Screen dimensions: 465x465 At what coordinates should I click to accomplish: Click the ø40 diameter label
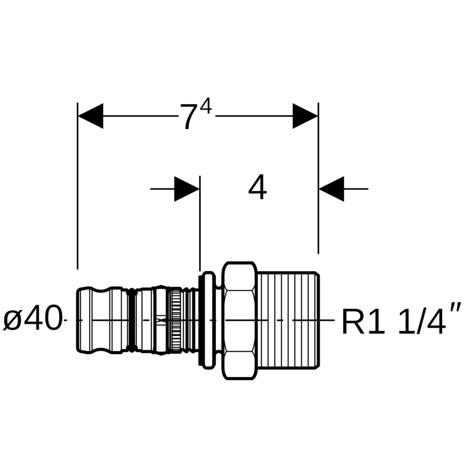pos(33,320)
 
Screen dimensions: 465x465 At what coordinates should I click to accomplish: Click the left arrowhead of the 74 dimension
pos(90,116)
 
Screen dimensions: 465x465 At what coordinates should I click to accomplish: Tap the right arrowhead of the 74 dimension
pos(305,116)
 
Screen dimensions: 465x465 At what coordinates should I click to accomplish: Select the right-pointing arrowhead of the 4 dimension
pos(187,189)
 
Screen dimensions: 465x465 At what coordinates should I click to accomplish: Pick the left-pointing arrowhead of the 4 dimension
pos(331,189)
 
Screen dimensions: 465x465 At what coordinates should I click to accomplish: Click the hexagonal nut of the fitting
pos(239,320)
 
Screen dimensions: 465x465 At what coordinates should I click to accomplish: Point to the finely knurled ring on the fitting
pos(175,320)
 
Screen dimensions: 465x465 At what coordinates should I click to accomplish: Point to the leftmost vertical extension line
pos(77,185)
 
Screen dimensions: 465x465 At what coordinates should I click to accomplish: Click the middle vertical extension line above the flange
pos(200,224)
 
